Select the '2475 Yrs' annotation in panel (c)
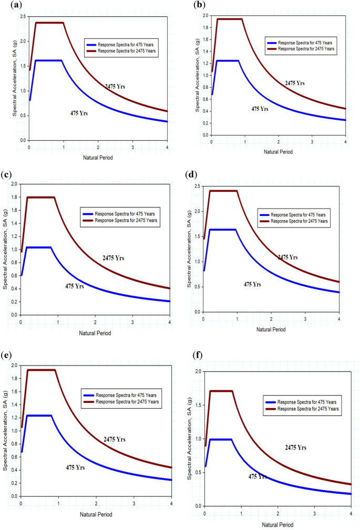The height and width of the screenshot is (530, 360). (113, 258)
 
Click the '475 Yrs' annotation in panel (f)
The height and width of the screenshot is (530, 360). (258, 476)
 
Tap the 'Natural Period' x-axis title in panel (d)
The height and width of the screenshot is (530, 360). (271, 329)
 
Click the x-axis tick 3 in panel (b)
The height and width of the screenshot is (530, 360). (312, 142)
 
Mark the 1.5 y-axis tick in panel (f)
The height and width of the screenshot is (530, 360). (198, 405)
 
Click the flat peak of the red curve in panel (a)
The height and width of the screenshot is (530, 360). (49, 23)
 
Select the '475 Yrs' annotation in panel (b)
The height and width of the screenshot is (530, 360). (260, 109)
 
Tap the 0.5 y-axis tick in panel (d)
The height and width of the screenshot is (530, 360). (198, 287)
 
